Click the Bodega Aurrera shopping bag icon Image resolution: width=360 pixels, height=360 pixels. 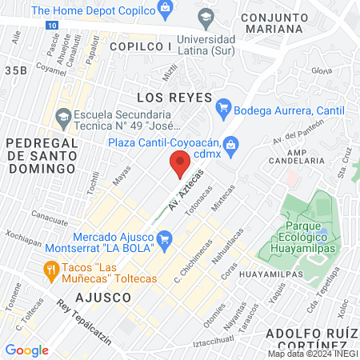click(x=224, y=107)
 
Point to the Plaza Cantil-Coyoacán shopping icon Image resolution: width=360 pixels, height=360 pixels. click(x=231, y=144)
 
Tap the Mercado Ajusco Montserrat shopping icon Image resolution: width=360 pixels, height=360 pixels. click(x=165, y=238)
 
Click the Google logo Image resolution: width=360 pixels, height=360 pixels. click(x=26, y=350)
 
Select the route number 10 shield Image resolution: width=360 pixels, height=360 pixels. click(x=51, y=26)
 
